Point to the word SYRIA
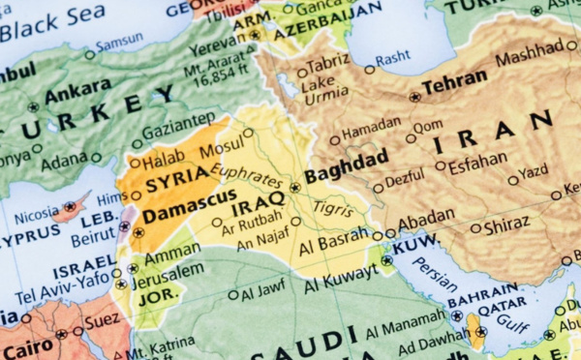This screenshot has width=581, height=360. point(176,175)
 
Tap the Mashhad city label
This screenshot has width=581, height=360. point(531,58)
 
